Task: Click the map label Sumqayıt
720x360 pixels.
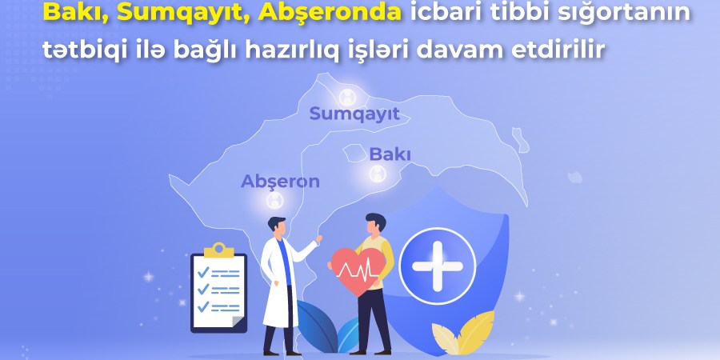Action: (x=354, y=114)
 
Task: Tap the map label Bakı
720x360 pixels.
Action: (x=390, y=154)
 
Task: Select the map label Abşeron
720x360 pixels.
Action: (x=280, y=182)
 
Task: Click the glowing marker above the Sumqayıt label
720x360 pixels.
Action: (x=348, y=97)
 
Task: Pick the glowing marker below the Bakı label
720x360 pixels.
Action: (x=378, y=174)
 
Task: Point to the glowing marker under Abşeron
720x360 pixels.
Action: (x=274, y=200)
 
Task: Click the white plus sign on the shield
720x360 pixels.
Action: (x=437, y=266)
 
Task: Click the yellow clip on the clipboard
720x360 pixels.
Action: (x=218, y=250)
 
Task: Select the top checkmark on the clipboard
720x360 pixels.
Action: (x=203, y=272)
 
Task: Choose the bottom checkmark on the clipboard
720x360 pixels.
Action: (x=203, y=306)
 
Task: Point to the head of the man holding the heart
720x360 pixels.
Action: (x=376, y=223)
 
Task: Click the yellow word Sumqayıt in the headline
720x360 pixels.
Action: (x=183, y=13)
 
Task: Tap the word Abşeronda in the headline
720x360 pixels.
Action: (x=330, y=12)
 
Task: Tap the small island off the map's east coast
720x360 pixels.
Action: (x=520, y=139)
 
